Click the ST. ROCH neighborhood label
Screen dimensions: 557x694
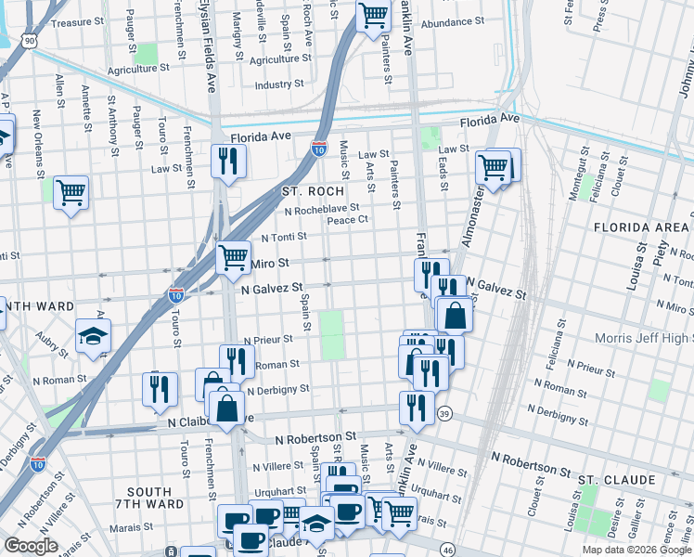(313, 190)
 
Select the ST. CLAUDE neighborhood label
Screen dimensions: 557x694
(617, 479)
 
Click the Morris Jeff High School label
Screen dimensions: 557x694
(640, 341)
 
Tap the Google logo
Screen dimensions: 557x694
(31, 546)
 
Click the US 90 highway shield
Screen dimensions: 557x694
(31, 41)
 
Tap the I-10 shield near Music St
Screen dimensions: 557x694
(318, 149)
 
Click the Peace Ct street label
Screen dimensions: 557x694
(348, 220)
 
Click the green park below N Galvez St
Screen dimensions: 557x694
(330, 335)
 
